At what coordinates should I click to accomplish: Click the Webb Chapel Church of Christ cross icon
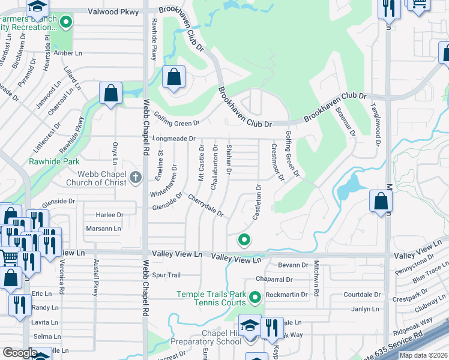click(136, 178)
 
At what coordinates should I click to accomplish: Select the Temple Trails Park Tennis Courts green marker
click(255, 297)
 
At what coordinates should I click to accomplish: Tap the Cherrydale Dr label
click(205, 205)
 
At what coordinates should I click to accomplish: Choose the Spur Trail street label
click(166, 275)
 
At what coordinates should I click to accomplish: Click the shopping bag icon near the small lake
click(381, 202)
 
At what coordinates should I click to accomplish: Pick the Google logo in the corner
click(20, 353)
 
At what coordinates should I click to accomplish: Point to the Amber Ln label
click(68, 53)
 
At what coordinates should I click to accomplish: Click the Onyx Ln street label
click(114, 153)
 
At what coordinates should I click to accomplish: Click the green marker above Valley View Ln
click(244, 240)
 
